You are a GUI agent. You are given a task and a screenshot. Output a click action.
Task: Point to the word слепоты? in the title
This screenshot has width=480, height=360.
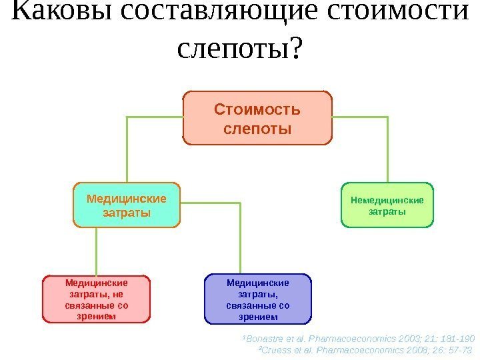240,48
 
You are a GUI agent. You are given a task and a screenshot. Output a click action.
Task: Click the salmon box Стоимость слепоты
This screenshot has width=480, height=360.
257,118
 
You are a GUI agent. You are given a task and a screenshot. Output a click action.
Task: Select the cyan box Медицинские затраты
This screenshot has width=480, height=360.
127,205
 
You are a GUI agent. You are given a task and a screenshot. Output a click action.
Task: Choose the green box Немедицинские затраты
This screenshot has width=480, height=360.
387,205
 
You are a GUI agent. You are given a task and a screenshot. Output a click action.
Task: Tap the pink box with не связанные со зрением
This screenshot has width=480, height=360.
97,299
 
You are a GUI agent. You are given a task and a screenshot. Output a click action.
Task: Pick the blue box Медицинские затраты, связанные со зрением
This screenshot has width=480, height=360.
258,299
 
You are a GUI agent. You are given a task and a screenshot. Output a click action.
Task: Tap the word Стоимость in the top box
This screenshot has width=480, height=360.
257,109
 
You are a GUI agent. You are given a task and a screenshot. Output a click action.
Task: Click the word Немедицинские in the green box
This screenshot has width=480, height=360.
387,199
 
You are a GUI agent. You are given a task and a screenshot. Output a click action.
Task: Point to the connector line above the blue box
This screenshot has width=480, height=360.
239,240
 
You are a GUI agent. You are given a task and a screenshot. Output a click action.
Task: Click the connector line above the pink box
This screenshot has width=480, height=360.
97,250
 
